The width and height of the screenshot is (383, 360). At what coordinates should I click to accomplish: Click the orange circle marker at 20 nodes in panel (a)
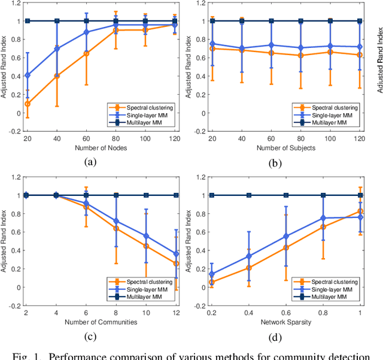pyautogui.click(x=28, y=104)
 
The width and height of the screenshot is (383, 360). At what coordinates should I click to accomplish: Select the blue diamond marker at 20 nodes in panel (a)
pyautogui.click(x=28, y=75)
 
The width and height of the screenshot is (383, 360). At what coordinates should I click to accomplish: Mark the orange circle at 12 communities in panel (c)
pyautogui.click(x=175, y=264)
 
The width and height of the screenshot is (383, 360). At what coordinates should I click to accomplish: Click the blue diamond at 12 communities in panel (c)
pyautogui.click(x=175, y=254)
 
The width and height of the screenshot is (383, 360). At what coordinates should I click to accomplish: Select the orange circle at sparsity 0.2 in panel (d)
pyautogui.click(x=212, y=282)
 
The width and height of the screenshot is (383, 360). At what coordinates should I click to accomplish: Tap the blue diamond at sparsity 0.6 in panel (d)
pyautogui.click(x=286, y=236)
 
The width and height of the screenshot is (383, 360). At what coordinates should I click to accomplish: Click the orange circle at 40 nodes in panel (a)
pyautogui.click(x=57, y=76)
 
